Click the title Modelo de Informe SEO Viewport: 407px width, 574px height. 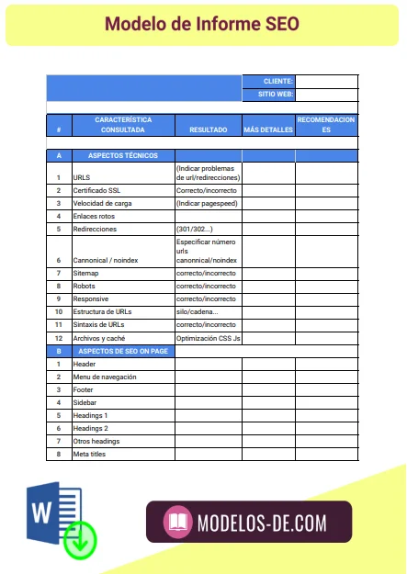pyautogui.click(x=202, y=24)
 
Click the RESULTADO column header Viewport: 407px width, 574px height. pyautogui.click(x=208, y=130)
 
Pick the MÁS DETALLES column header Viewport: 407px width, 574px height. pyautogui.click(x=268, y=130)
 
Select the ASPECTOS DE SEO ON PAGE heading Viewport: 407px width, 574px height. pyautogui.click(x=122, y=351)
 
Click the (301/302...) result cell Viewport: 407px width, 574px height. pyautogui.click(x=194, y=229)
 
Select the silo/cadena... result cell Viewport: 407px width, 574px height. pyautogui.click(x=197, y=312)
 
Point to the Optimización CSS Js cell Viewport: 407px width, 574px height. pyautogui.click(x=208, y=338)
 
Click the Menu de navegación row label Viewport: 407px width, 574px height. pyautogui.click(x=105, y=377)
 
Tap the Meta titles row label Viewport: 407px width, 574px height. pyautogui.click(x=89, y=454)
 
